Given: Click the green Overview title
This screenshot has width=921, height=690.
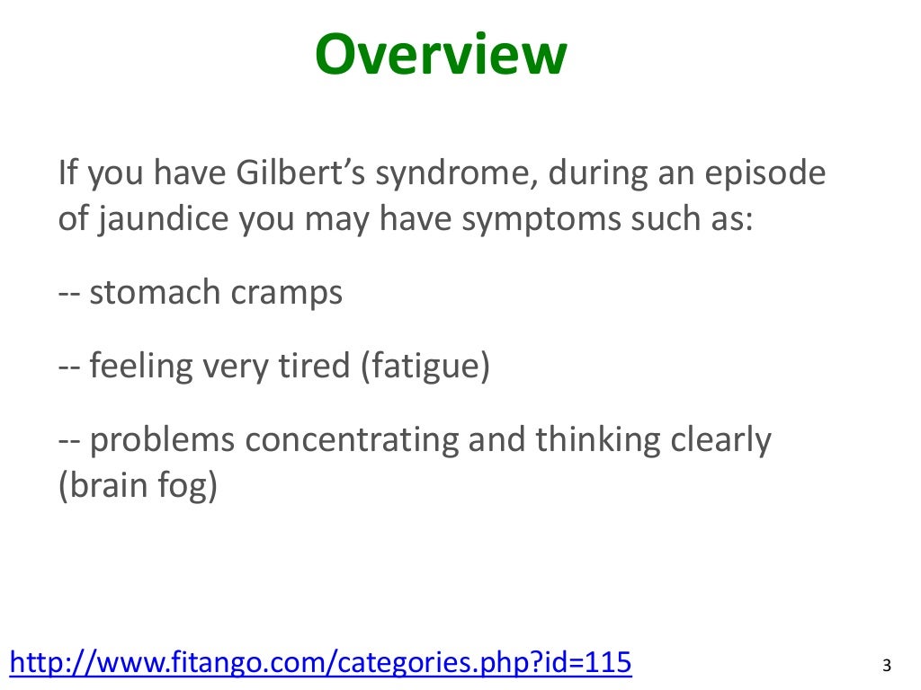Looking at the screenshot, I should point(441,56).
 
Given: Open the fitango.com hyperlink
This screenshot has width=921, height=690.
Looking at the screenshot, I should point(320,663).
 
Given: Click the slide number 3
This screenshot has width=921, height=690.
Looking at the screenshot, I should point(887,666).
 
